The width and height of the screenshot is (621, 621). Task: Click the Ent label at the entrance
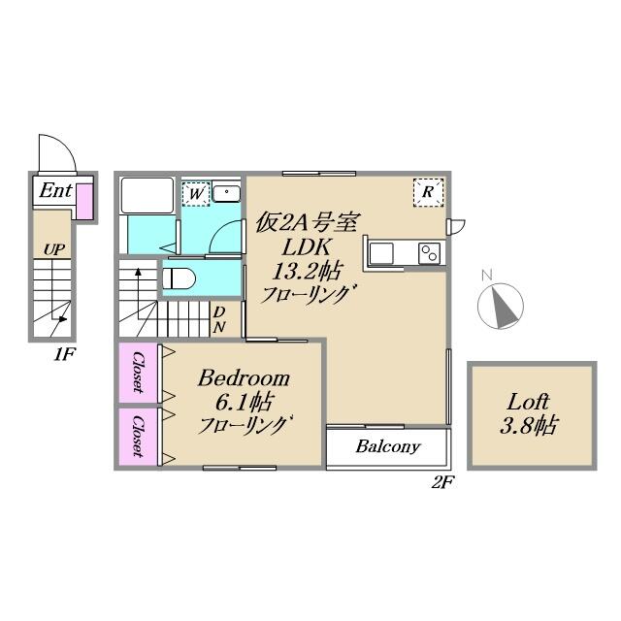pos(55,190)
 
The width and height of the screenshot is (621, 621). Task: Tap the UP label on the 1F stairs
pos(54,249)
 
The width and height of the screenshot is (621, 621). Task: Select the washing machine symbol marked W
pos(196,194)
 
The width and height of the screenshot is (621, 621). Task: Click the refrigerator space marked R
pos(428,192)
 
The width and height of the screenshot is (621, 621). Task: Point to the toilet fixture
pos(179,279)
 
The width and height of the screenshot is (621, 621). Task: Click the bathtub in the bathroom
pos(147,196)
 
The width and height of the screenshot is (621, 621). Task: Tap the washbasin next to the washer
pos(226,193)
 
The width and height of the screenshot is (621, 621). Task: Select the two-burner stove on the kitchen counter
pos(429,252)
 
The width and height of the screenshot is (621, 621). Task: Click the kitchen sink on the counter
pos(381,253)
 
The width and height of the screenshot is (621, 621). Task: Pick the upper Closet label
pos(138,373)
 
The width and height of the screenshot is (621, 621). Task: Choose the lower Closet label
pos(138,436)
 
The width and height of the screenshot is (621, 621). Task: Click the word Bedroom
pos(244,378)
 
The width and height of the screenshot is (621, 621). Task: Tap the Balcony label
pos(388,446)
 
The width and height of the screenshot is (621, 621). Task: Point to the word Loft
pos(528,402)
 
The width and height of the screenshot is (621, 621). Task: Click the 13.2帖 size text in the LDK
pos(307,272)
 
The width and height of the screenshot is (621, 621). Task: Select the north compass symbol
pos(501,306)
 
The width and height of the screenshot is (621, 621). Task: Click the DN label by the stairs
pos(219,319)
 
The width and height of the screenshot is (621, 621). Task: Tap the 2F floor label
pos(442,483)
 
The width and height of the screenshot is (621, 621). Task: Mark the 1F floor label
pos(64,354)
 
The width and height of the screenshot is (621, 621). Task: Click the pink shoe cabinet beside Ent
pos(84,201)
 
